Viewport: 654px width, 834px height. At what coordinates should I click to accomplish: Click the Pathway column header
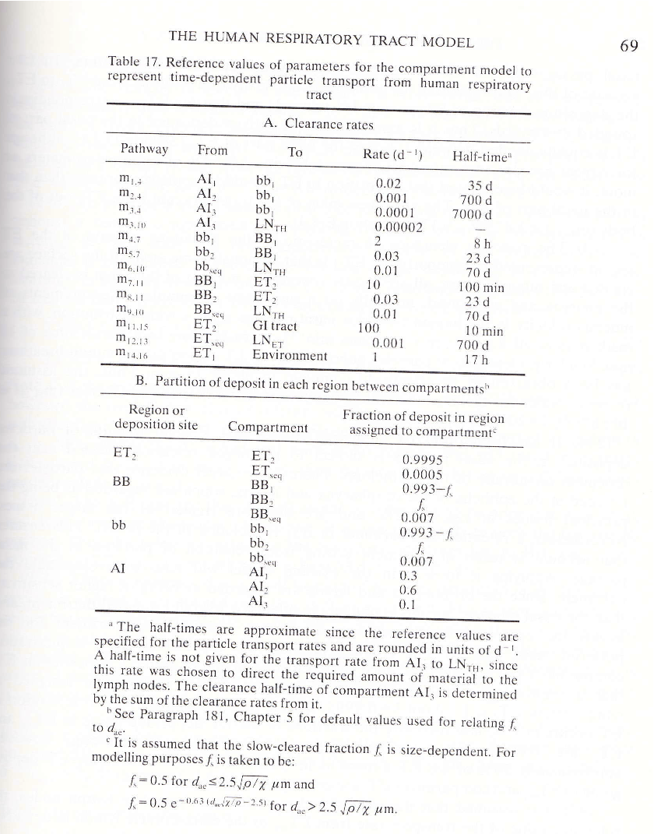[x=144, y=150]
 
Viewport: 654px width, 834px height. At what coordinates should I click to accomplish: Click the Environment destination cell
[x=290, y=355]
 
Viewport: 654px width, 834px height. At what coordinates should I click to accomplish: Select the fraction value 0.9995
[x=423, y=459]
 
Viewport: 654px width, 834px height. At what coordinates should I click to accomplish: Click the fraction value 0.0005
[x=423, y=474]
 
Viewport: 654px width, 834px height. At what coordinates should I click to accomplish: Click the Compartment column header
[x=268, y=427]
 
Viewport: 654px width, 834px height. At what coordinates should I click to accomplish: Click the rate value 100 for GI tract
[x=368, y=329]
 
